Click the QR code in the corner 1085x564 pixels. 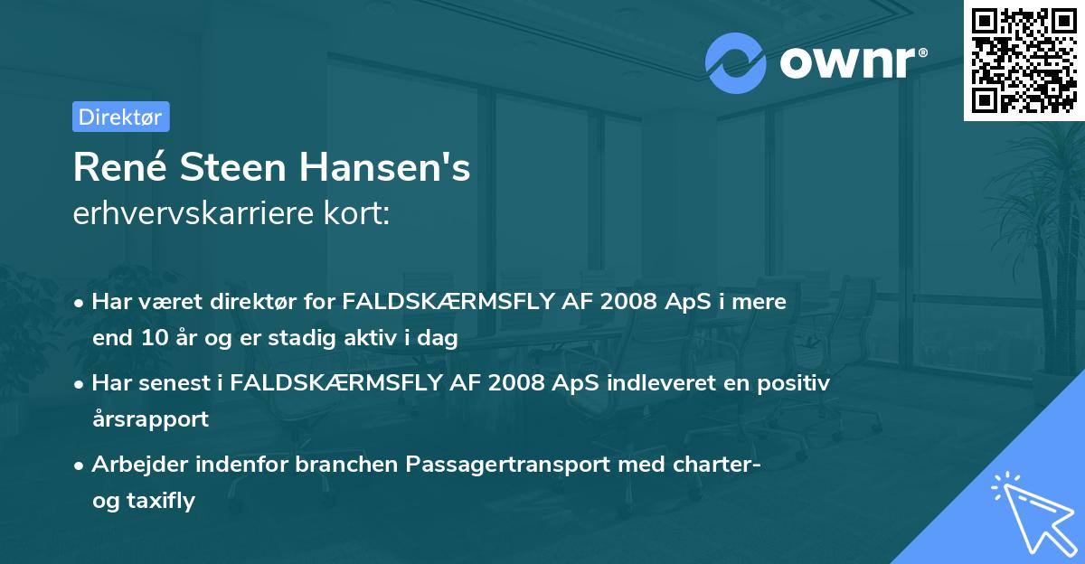click(x=1024, y=60)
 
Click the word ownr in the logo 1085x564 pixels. click(x=849, y=62)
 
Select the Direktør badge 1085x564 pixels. click(x=120, y=116)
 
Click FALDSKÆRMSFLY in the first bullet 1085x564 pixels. click(x=448, y=302)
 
